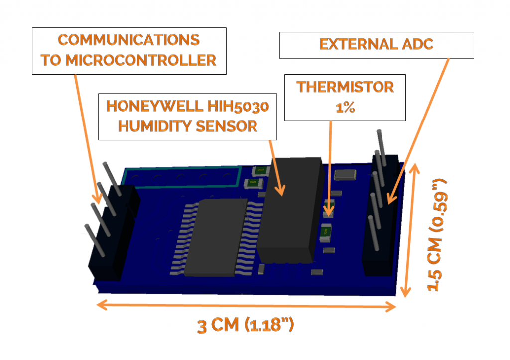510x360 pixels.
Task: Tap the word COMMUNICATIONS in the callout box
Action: [x=128, y=40]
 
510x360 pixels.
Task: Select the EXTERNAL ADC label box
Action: [x=376, y=45]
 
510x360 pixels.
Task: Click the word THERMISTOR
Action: [x=345, y=87]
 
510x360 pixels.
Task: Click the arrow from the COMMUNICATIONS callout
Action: [x=87, y=137]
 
